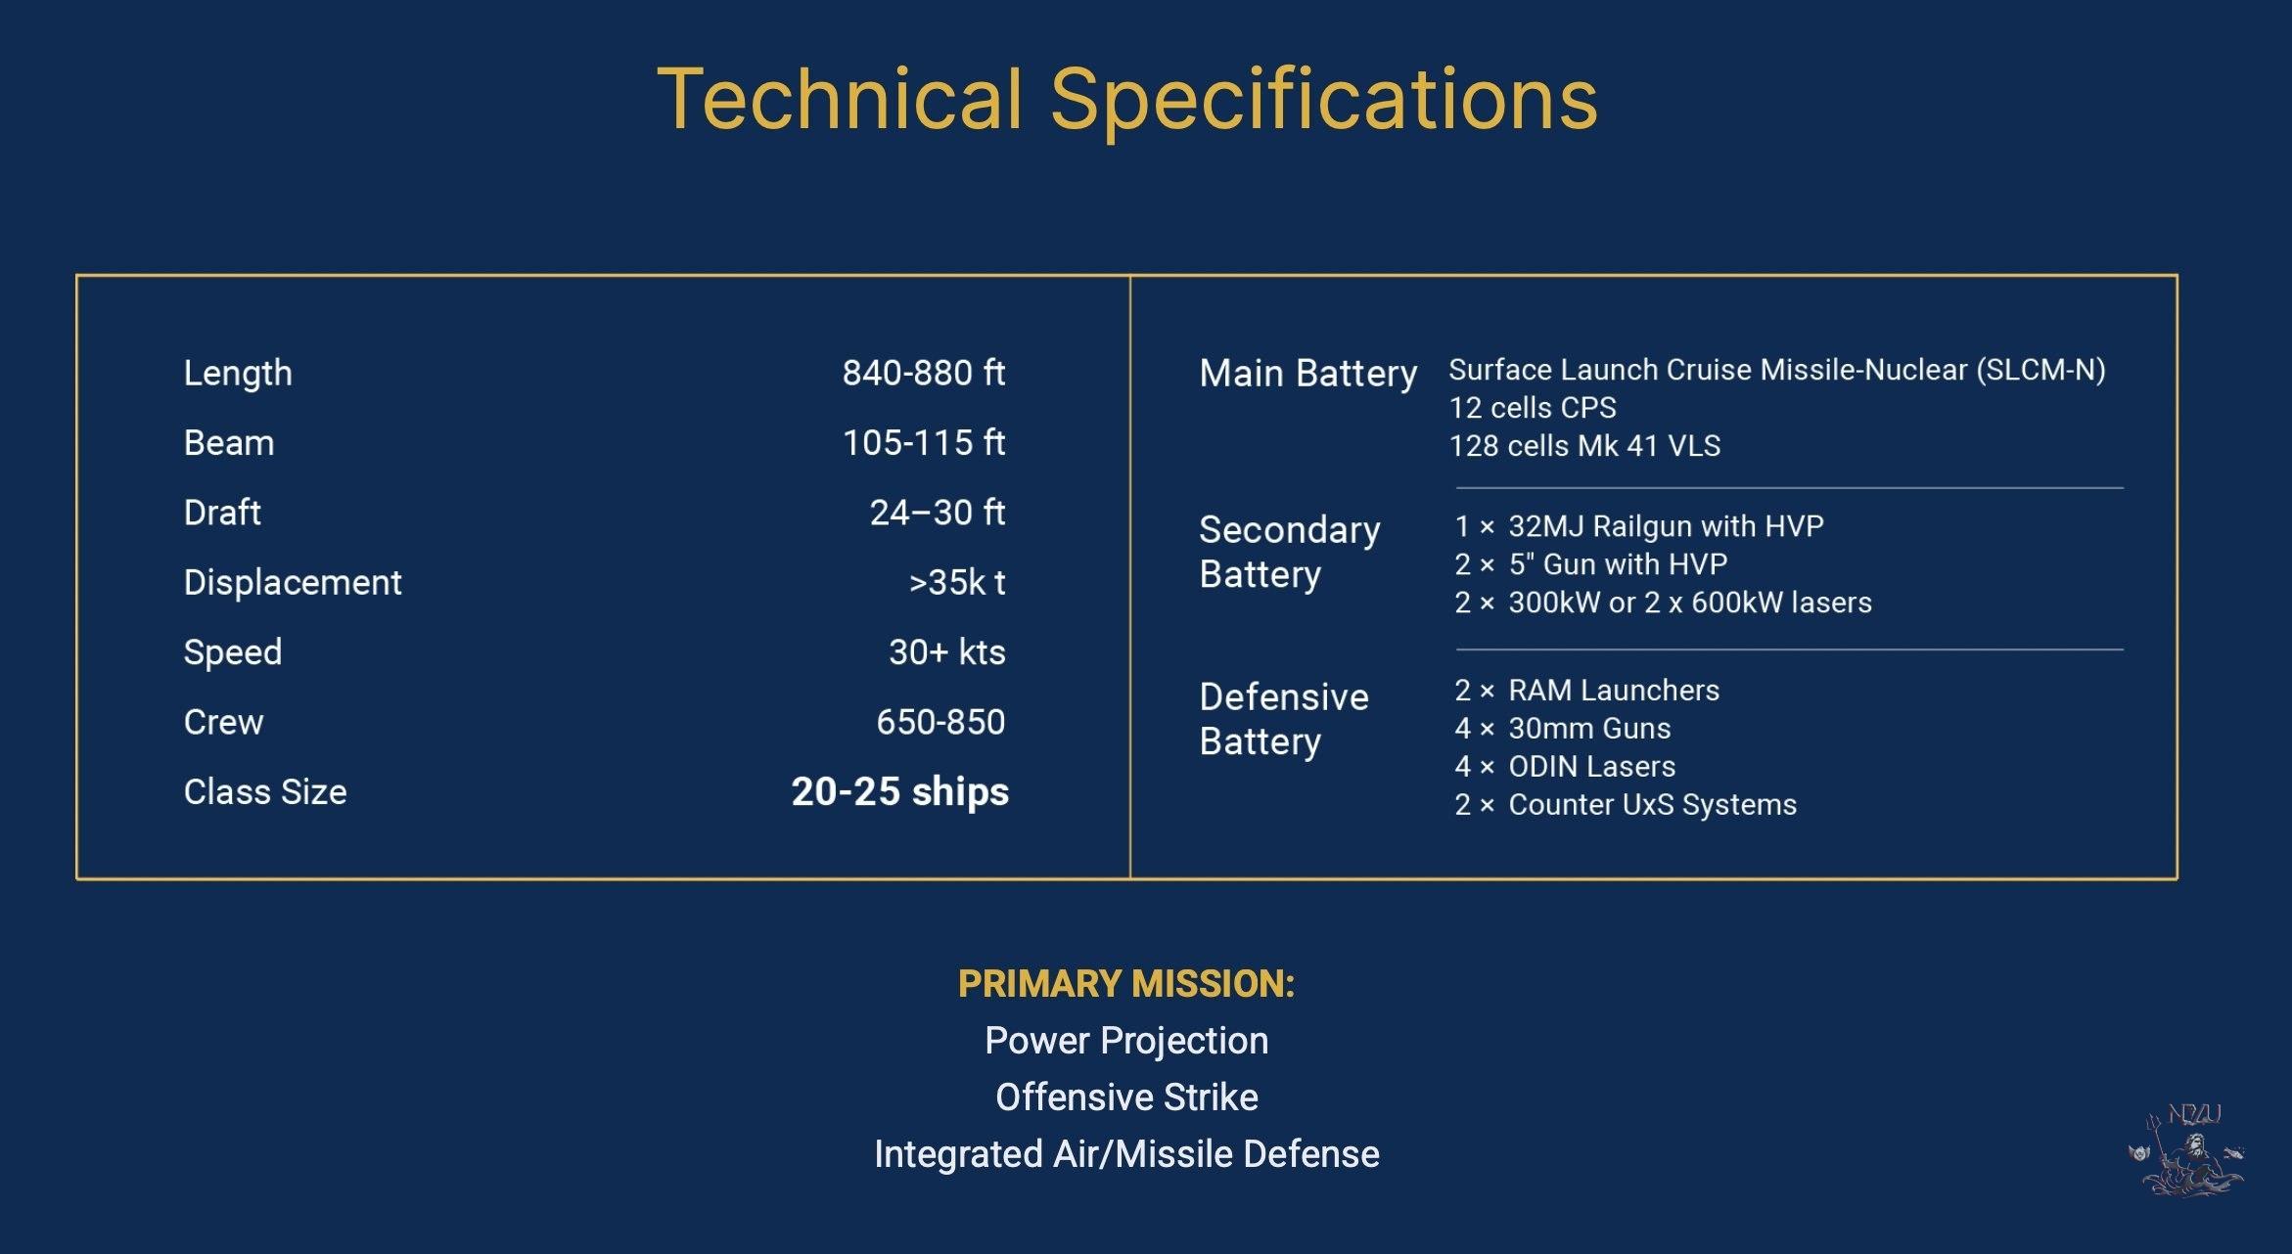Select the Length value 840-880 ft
[x=924, y=373]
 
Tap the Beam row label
[x=229, y=443]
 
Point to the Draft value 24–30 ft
[x=938, y=513]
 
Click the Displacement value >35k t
[x=957, y=582]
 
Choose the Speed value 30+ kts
[x=946, y=652]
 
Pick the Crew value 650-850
[x=940, y=722]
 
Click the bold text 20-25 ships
[x=899, y=791]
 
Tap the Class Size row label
[x=265, y=791]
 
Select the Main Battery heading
[x=1308, y=374]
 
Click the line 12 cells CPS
[x=1533, y=408]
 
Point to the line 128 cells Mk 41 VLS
[x=1584, y=446]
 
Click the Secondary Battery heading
[x=1290, y=552]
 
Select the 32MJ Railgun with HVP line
[x=1639, y=526]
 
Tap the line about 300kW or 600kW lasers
[x=1663, y=603]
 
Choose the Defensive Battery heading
[x=1284, y=719]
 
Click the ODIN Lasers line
[x=1565, y=767]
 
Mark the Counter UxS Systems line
[x=1626, y=805]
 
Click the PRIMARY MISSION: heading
[x=1126, y=984]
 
